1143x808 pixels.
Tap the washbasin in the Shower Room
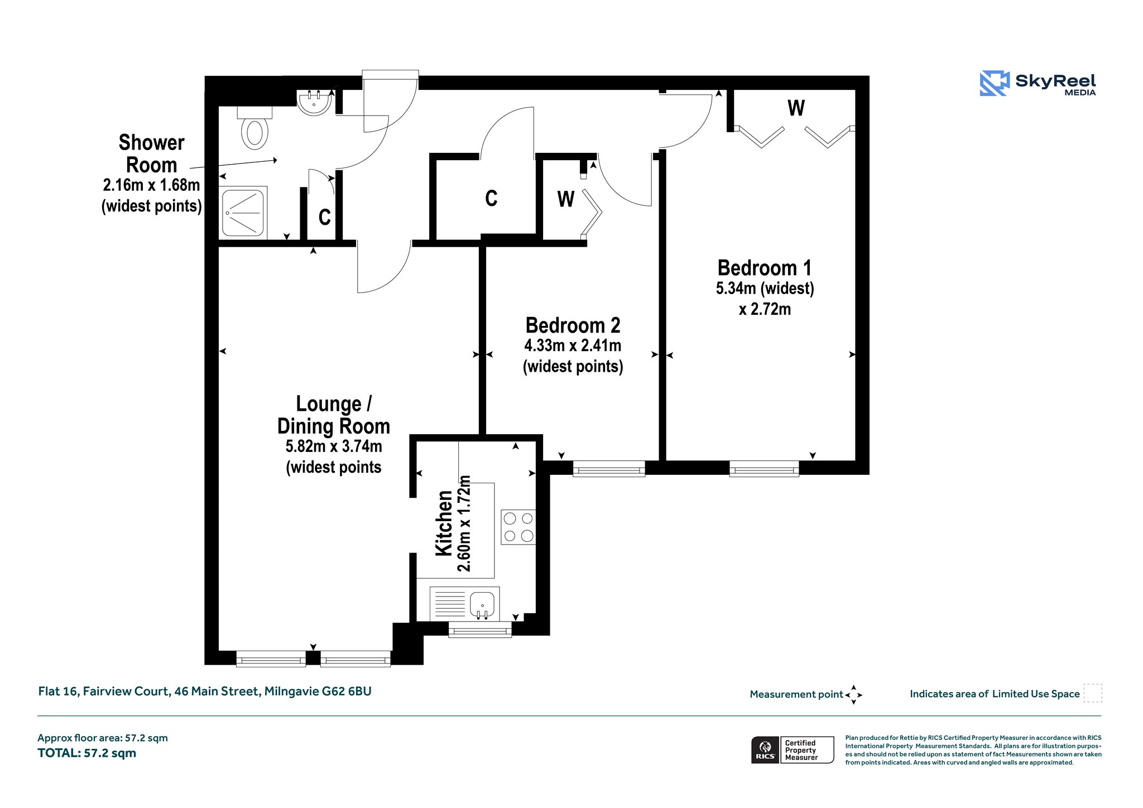315,103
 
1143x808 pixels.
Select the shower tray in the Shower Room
244,212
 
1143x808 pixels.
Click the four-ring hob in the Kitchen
518,527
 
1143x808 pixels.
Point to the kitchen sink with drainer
464,604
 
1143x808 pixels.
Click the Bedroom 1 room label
765,268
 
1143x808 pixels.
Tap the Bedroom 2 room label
573,325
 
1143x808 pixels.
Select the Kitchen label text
444,523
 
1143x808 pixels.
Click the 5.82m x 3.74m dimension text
334,446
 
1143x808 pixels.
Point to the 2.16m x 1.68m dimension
151,185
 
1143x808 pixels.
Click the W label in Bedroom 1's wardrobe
796,108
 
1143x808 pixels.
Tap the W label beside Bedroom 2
566,199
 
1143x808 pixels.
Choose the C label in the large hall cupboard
491,198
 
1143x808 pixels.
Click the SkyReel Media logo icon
995,83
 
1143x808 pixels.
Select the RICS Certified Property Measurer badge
793,750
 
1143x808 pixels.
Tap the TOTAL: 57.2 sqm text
87,753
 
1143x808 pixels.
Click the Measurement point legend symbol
854,695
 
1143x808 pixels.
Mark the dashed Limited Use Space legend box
1093,693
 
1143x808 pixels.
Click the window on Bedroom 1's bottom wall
764,469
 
